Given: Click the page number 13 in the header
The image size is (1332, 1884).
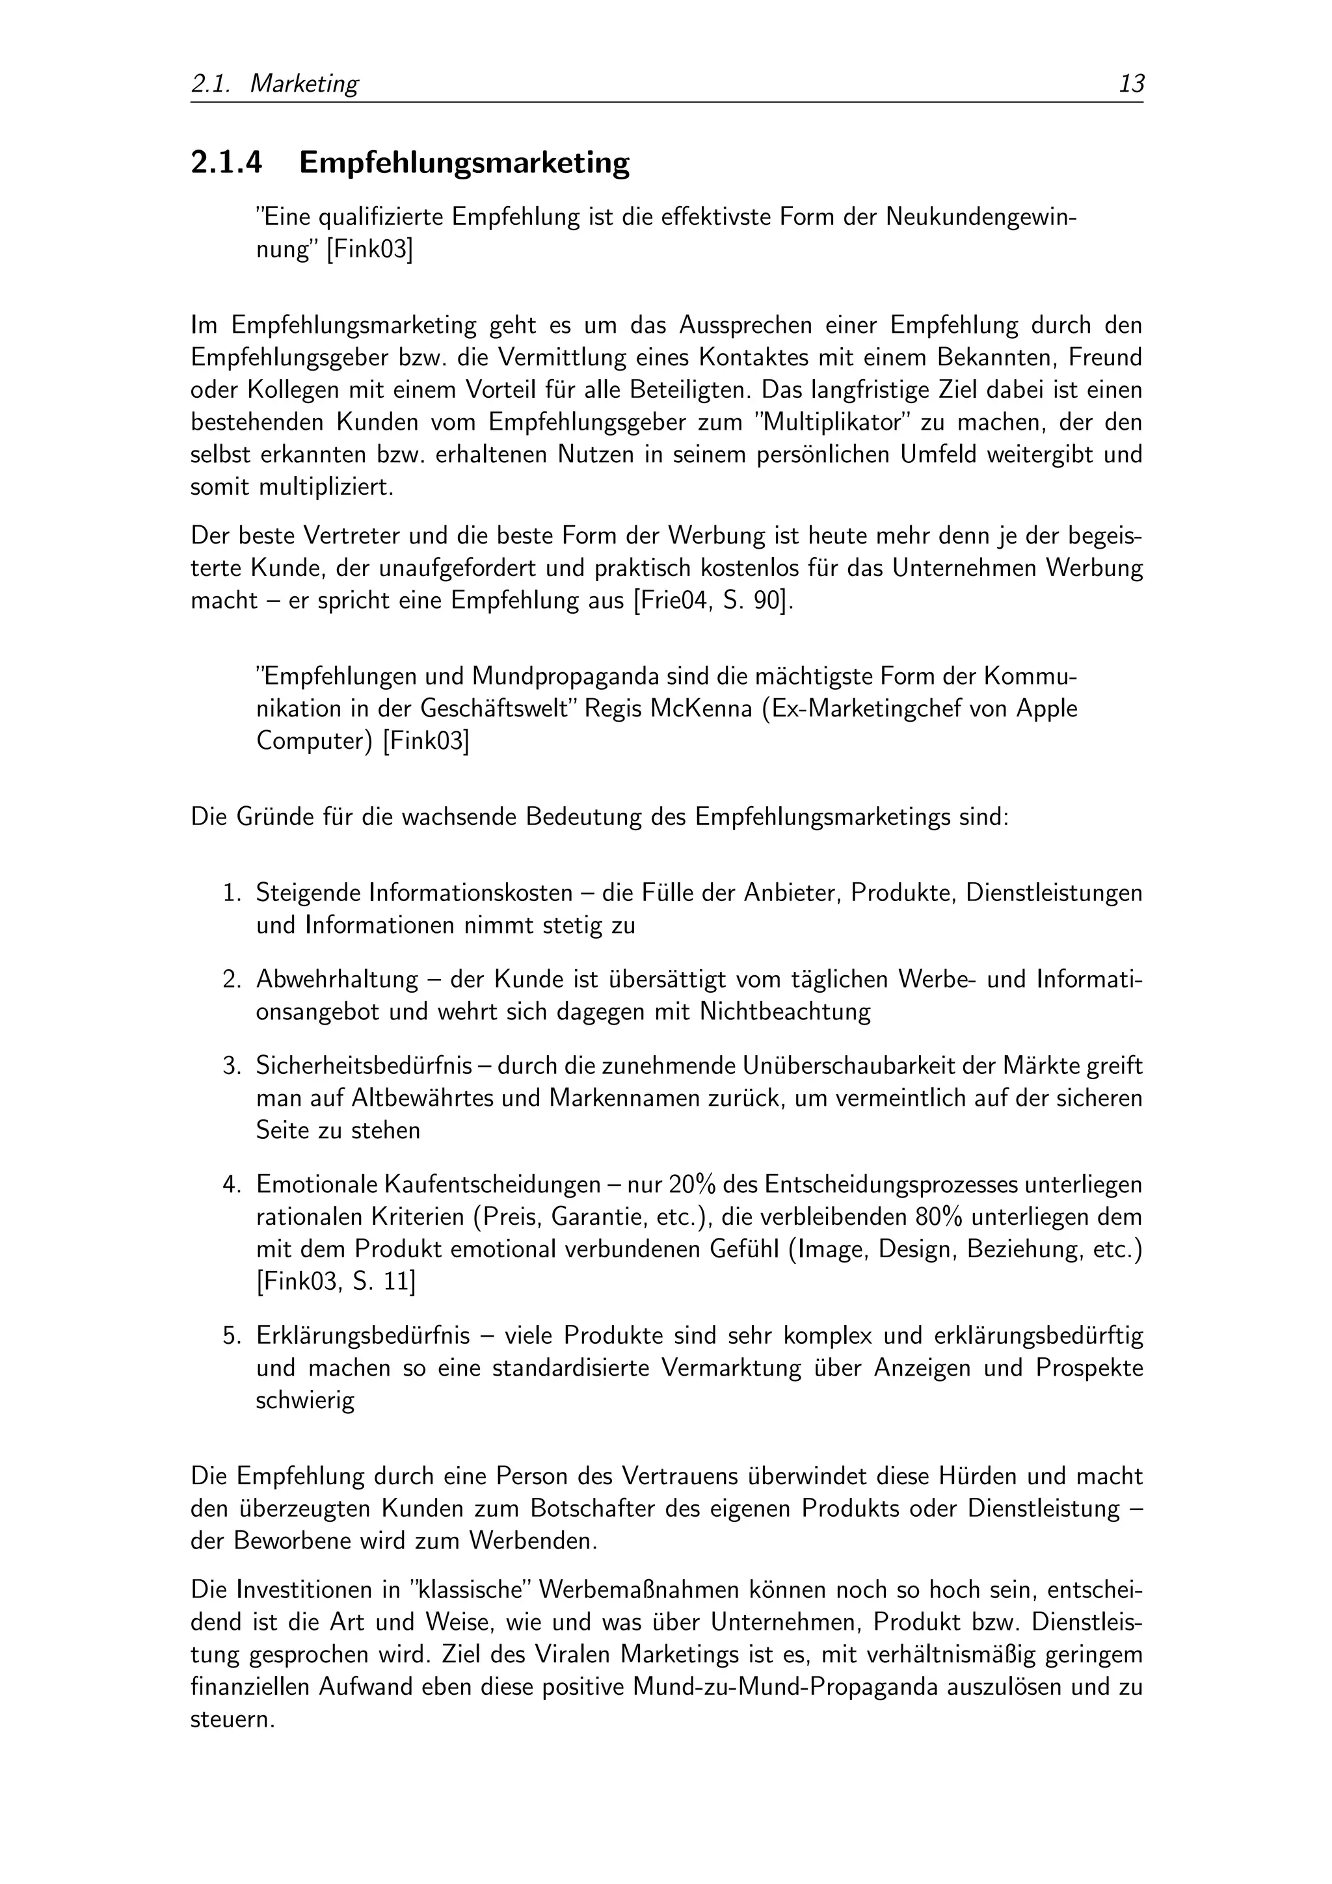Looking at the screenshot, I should coord(1131,84).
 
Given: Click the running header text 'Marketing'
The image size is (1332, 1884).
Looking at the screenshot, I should coord(304,84).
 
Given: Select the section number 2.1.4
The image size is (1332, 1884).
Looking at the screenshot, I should coord(226,163).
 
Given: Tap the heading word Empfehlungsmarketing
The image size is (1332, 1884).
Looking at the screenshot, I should coord(464,163).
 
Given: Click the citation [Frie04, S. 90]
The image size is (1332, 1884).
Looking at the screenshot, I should coord(712,601).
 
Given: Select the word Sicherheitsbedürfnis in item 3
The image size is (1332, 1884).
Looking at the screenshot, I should coord(364,1066).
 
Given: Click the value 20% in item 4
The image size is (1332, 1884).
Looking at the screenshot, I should coord(693,1185).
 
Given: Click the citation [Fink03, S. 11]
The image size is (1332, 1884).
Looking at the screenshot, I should coord(336,1282).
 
